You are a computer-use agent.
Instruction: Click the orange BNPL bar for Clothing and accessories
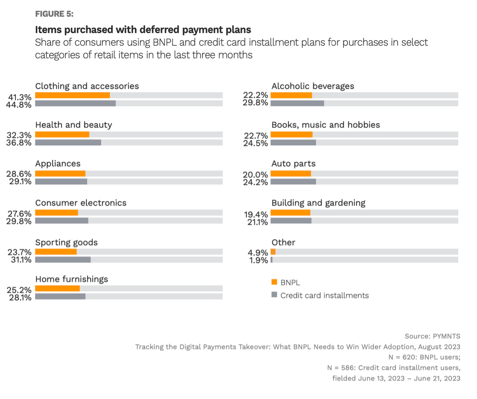click(72, 96)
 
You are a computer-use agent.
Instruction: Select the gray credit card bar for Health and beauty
click(68, 142)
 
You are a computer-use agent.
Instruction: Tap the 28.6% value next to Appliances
click(19, 174)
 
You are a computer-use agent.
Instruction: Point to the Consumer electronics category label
click(81, 203)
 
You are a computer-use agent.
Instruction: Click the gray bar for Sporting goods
click(63, 260)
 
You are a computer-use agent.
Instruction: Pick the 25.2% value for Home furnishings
click(19, 289)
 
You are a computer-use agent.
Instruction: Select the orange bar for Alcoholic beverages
click(291, 96)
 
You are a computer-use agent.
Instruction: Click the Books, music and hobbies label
click(326, 125)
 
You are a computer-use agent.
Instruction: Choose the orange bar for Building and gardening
click(291, 213)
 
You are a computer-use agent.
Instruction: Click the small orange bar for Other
click(273, 252)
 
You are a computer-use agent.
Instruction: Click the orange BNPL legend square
click(274, 282)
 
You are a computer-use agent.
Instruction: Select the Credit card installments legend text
click(324, 296)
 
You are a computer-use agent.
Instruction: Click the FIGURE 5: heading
click(54, 14)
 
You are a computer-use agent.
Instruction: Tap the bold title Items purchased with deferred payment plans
click(143, 30)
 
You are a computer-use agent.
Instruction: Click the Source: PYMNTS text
click(432, 336)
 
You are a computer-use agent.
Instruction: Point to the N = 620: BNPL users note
click(427, 357)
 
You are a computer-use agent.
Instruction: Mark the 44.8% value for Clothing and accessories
click(19, 104)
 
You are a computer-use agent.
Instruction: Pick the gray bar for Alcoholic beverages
click(297, 103)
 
